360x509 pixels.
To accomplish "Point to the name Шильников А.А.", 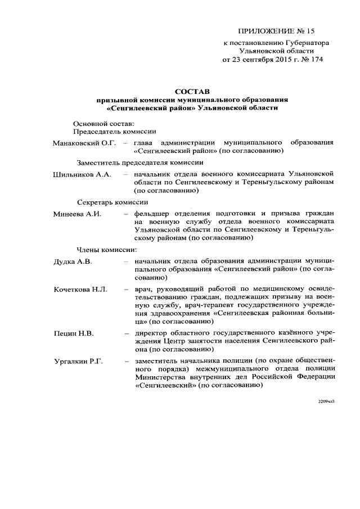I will click(x=81, y=175).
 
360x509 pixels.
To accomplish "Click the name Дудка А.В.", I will click(x=73, y=262).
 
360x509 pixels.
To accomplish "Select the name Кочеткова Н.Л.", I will click(x=80, y=289).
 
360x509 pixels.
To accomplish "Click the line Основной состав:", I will click(x=103, y=123).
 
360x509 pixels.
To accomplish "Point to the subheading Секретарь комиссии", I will click(x=112, y=202).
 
